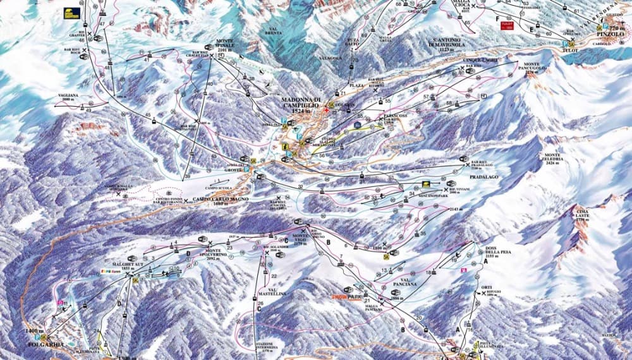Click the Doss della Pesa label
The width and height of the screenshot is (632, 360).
click(x=496, y=251)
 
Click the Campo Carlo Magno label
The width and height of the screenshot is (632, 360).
click(x=218, y=199)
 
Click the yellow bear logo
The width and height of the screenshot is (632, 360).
click(x=71, y=12)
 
